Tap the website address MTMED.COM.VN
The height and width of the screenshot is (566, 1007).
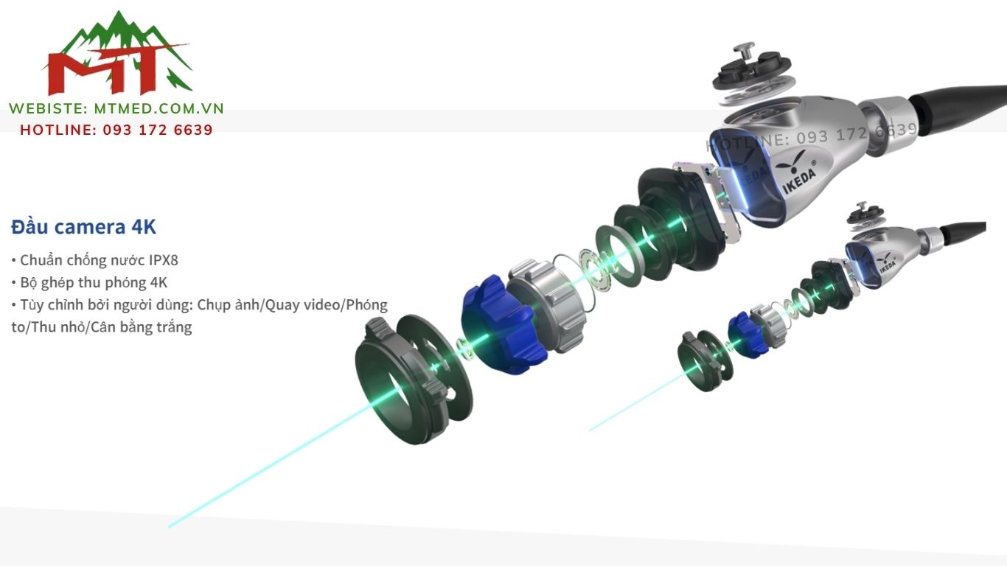click(x=158, y=109)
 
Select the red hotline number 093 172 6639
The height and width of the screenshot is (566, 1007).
click(x=158, y=130)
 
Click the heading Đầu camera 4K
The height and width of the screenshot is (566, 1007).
click(x=83, y=227)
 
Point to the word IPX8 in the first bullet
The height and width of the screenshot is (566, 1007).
click(x=164, y=260)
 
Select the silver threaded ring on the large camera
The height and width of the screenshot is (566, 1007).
click(x=547, y=306)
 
